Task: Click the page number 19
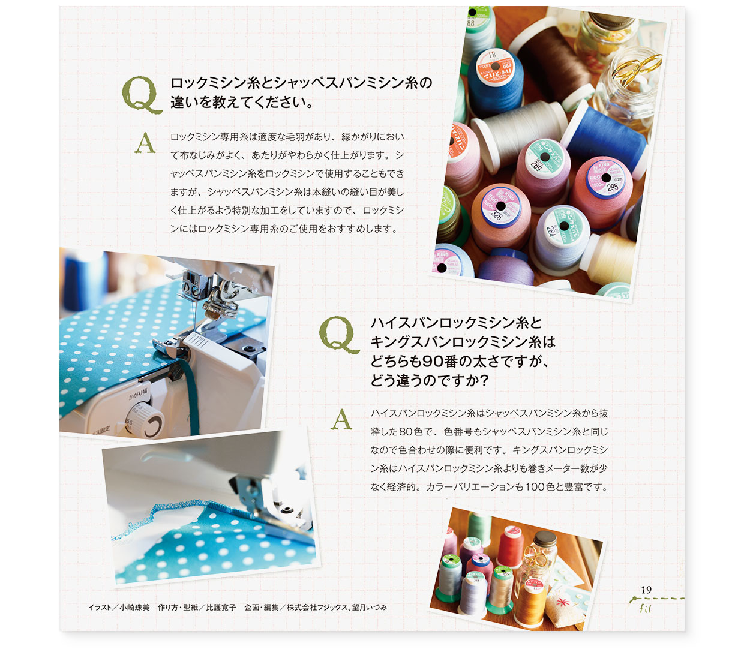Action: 646,590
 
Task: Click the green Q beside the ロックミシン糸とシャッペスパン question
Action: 142,95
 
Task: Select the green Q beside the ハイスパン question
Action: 339,335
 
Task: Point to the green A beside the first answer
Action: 145,143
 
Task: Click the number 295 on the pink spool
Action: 613,187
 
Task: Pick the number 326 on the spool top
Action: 496,215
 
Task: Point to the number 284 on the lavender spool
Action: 550,230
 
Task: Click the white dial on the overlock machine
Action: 145,419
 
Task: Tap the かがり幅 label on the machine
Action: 139,395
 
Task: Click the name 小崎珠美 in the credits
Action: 135,608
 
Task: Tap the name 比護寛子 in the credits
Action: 221,608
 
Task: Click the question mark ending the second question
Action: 483,381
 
